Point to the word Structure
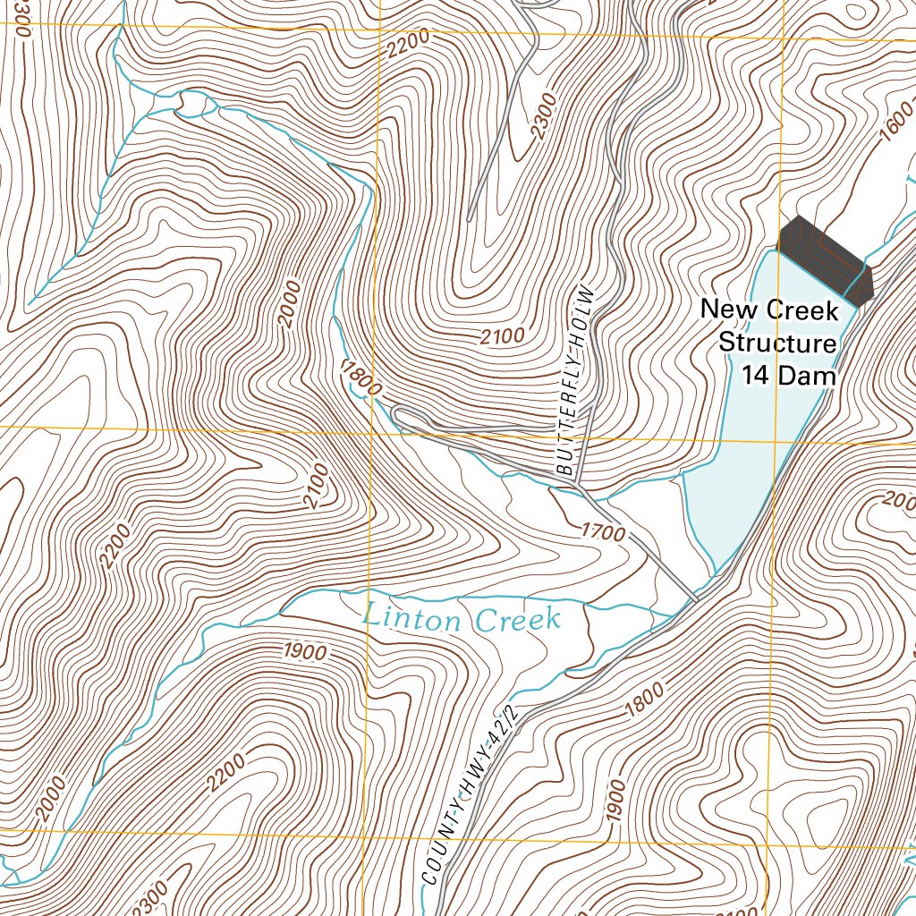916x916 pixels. pyautogui.click(x=777, y=343)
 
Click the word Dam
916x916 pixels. pyautogui.click(x=806, y=376)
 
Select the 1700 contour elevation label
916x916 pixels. pyautogui.click(x=602, y=531)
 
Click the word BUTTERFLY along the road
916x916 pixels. pyautogui.click(x=570, y=430)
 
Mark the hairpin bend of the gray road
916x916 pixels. pyautogui.click(x=396, y=413)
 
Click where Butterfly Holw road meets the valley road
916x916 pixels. pyautogui.click(x=578, y=488)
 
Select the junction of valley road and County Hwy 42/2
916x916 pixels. pyautogui.click(x=695, y=598)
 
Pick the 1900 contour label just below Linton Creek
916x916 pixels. pyautogui.click(x=305, y=652)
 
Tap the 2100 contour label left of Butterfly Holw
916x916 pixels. pyautogui.click(x=502, y=336)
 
